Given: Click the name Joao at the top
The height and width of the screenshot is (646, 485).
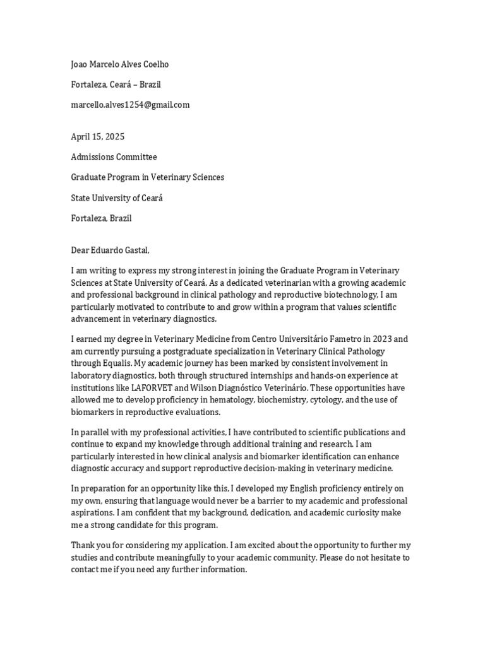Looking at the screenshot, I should [x=81, y=64].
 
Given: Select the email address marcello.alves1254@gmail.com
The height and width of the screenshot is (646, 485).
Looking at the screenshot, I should [x=130, y=105].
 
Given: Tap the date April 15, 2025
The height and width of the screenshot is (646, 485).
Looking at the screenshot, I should [x=97, y=136].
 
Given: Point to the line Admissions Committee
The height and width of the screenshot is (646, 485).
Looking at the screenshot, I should [x=114, y=156].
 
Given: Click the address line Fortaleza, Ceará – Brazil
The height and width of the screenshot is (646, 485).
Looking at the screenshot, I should [x=119, y=85].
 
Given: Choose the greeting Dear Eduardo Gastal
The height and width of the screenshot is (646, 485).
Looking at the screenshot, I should [x=111, y=250].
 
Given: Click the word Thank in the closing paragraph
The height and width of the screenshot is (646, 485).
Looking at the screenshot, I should [x=83, y=545].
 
